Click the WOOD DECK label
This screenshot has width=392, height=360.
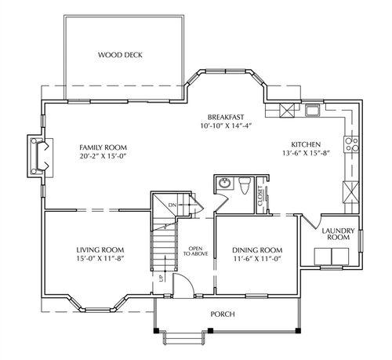[120, 55]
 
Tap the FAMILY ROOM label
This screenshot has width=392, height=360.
[103, 147]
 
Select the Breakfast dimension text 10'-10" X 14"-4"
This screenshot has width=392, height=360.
[226, 125]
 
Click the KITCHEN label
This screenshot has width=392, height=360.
[306, 144]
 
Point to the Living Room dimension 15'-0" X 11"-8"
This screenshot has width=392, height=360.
[100, 259]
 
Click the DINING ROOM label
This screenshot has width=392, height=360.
[257, 250]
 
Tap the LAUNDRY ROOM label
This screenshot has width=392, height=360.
[338, 234]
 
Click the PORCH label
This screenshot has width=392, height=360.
[223, 314]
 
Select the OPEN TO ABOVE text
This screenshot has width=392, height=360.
[195, 251]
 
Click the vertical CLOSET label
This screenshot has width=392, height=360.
[260, 196]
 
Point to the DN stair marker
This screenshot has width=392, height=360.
[172, 205]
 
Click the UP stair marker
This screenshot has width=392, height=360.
[161, 278]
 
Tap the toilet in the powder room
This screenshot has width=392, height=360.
[245, 185]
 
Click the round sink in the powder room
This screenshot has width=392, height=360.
[224, 183]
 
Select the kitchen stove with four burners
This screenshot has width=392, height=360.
[351, 144]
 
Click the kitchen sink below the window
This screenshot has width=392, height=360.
[313, 111]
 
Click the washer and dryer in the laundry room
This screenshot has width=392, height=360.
[332, 256]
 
